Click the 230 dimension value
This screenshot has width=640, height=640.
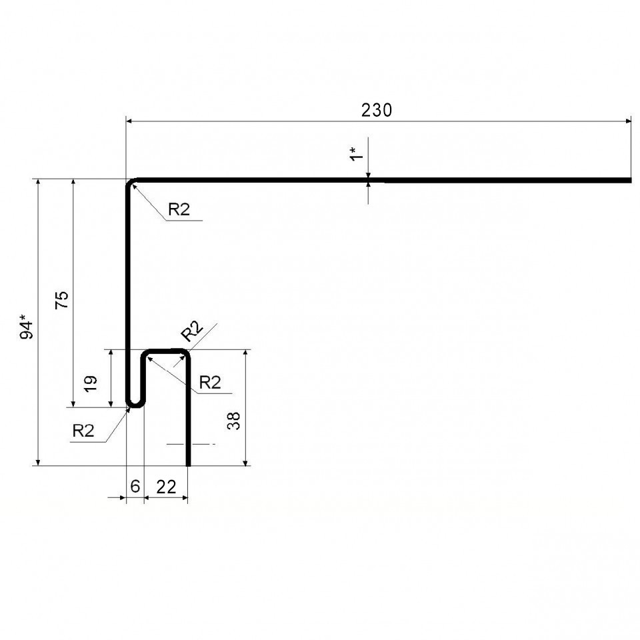tap(376, 110)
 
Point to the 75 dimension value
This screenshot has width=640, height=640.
tap(62, 300)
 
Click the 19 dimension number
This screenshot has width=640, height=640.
tap(90, 384)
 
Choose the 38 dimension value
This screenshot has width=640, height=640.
tap(233, 421)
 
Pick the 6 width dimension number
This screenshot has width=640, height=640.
tap(135, 486)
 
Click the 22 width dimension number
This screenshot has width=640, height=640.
tap(166, 487)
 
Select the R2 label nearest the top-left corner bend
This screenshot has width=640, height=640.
tap(179, 209)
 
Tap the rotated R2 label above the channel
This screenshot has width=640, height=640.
tap(192, 331)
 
